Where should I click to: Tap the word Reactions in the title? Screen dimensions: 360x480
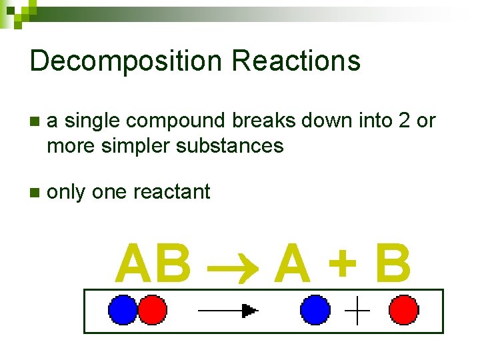pyautogui.click(x=296, y=61)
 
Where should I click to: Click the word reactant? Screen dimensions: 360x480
pyautogui.click(x=172, y=192)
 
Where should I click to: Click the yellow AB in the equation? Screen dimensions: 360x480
pyautogui.click(x=153, y=263)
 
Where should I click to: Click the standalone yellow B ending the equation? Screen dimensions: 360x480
pyautogui.click(x=393, y=263)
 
